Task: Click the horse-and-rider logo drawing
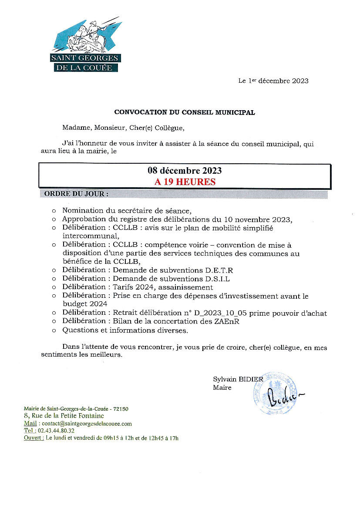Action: point(87,37)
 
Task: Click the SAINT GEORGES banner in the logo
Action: point(85,58)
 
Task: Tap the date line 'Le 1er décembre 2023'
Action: point(273,81)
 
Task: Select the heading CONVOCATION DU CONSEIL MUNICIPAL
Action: point(185,112)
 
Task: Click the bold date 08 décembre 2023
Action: point(185,171)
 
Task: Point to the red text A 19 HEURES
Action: point(185,182)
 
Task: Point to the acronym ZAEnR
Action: point(229,322)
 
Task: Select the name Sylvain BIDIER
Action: point(238,379)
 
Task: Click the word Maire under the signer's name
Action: point(222,387)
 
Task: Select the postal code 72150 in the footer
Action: point(120,409)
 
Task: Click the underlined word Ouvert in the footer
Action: point(34,438)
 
